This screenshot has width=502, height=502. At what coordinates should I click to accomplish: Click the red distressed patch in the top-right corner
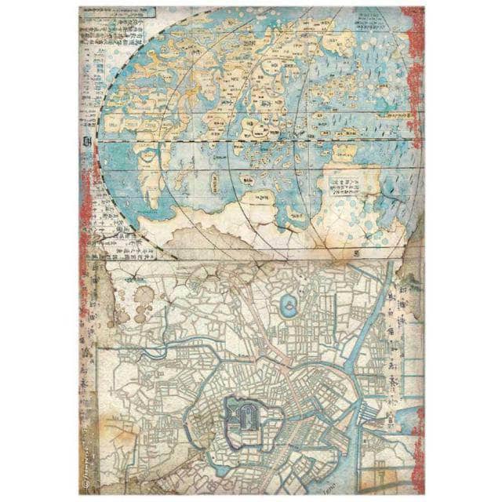pos(413,47)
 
